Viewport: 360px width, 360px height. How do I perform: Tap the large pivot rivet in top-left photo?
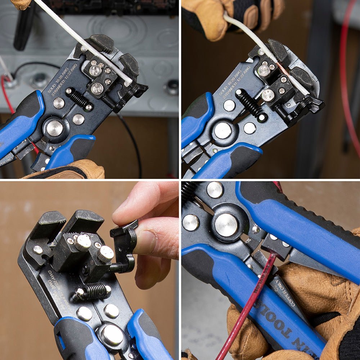(55, 128)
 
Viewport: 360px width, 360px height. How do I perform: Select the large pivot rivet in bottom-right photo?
(226, 225)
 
